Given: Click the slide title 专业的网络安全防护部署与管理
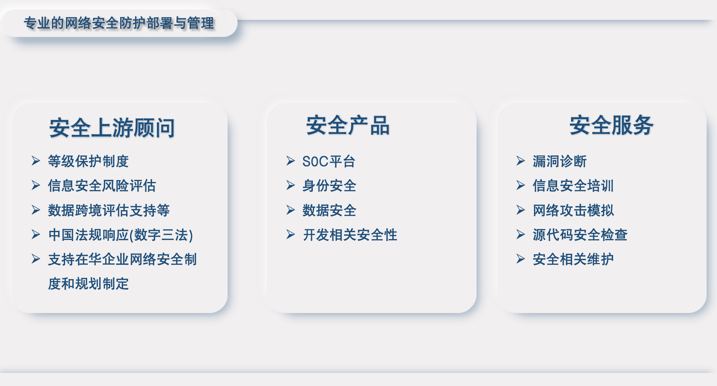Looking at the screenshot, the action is (119, 23).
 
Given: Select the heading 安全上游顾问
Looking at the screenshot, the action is (112, 128).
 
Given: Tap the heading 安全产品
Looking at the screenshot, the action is (348, 125).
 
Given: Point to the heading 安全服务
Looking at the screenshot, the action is (611, 125).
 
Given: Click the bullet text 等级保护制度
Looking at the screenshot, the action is (88, 161).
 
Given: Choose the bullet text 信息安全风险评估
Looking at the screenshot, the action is (102, 186).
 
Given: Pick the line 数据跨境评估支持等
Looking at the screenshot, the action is (109, 210).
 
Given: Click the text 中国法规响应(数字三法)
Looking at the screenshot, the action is (121, 235).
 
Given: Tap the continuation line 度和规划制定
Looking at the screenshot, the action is (88, 284).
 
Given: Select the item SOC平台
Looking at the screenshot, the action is (329, 161).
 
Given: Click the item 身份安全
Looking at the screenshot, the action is (329, 186).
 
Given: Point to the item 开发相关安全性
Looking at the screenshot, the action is (350, 235).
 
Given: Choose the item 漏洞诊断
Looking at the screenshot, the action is (559, 161).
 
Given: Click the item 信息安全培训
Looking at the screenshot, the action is (573, 186).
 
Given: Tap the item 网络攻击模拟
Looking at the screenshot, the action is (573, 210).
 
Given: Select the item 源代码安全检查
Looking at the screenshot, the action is (580, 235).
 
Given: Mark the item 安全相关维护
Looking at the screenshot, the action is (573, 259).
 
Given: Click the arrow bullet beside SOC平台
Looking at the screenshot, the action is (291, 161).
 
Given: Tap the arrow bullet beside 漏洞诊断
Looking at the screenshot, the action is (521, 161).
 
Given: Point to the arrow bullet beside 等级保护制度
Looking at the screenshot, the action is (36, 161).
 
